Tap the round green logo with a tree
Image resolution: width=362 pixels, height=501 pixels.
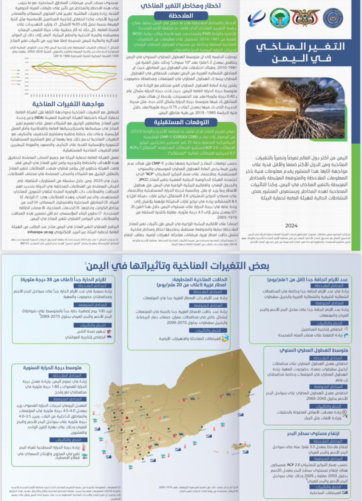pos(280,18)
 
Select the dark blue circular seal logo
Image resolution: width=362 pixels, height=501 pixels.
pos(333,18)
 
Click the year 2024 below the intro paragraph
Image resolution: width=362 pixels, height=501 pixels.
pos(291,226)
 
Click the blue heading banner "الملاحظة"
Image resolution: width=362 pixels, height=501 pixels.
pos(181,15)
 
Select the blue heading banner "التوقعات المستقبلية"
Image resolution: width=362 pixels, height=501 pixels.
pos(181,122)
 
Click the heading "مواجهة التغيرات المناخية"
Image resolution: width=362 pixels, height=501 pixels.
pos(68,104)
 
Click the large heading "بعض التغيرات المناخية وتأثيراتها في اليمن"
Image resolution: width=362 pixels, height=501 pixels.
pos(178,266)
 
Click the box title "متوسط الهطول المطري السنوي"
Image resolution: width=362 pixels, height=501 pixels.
pos(314,350)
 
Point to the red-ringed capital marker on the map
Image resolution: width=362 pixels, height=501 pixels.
pos(127,418)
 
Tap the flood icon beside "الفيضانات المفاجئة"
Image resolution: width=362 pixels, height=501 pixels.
pos(225,338)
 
